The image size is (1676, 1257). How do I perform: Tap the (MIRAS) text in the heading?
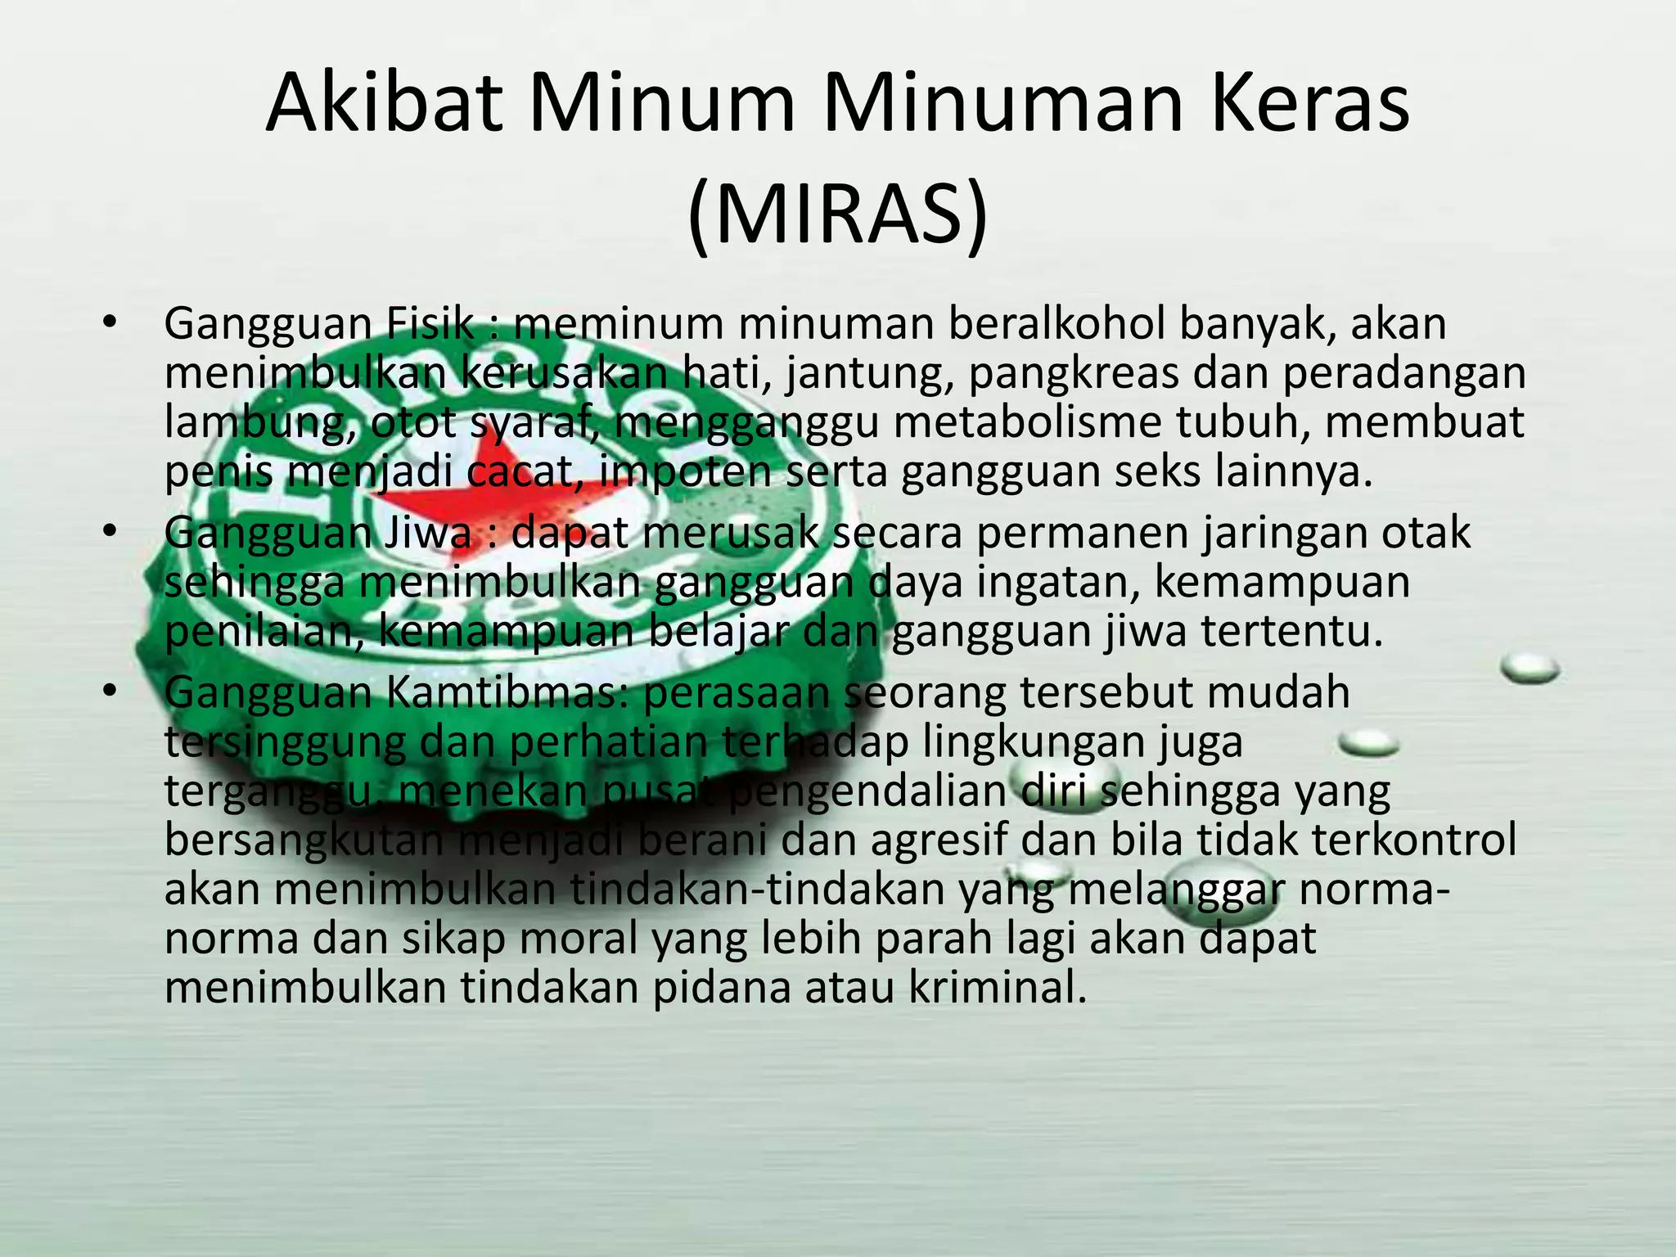point(837,214)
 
